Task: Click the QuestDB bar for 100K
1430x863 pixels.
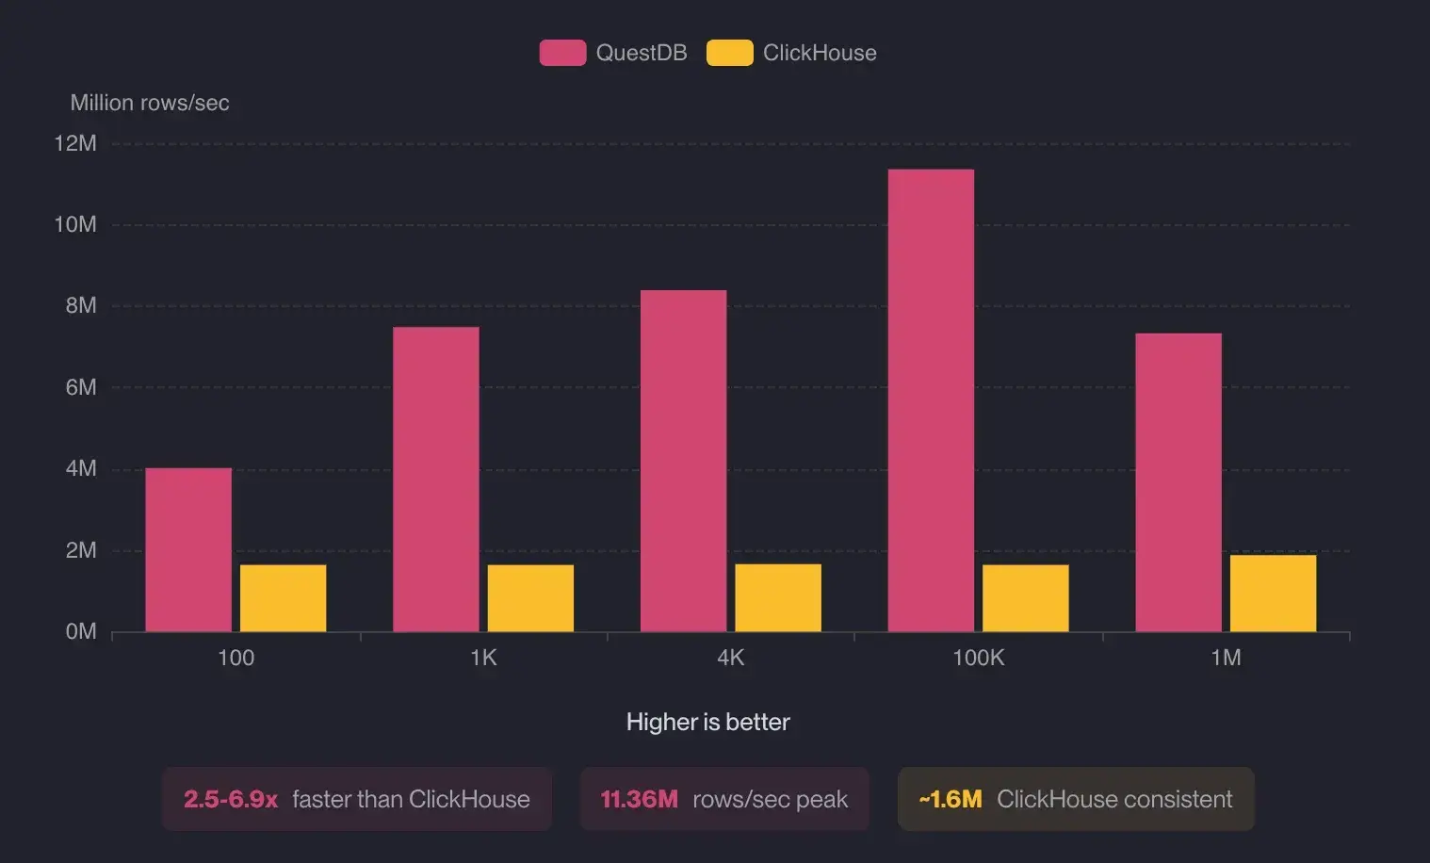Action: tap(931, 400)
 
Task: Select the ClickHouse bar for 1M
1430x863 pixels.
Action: tap(1273, 594)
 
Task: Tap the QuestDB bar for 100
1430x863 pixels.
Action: tap(188, 549)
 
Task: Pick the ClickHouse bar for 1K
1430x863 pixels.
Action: tap(530, 598)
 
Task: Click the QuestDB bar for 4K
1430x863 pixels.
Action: tap(683, 461)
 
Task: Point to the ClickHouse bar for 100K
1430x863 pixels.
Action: tap(1025, 598)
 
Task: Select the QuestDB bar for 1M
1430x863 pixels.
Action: tap(1178, 482)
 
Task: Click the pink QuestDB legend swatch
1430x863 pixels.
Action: tap(562, 53)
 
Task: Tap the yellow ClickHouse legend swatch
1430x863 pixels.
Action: tap(729, 53)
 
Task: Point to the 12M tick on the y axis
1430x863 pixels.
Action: tap(75, 143)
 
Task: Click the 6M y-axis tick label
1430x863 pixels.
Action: tap(81, 387)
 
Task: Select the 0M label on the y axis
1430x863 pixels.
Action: tap(81, 631)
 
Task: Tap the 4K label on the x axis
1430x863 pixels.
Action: tap(731, 658)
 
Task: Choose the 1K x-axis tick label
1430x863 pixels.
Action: tap(483, 658)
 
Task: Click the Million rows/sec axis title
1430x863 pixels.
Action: tap(150, 103)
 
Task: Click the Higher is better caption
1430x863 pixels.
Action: tap(707, 723)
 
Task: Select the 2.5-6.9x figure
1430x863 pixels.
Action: tap(231, 800)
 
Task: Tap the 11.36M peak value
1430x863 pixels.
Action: tap(639, 800)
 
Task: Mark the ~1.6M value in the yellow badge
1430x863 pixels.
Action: tap(951, 800)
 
